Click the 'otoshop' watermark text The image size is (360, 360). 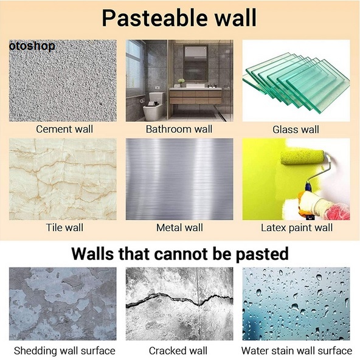click(32, 46)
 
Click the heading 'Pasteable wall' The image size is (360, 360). click(179, 18)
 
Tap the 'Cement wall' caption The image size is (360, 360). click(64, 129)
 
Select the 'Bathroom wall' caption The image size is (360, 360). click(179, 129)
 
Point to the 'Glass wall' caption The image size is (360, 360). click(296, 130)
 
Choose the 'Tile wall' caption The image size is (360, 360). click(64, 227)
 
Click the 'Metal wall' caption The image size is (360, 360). click(179, 227)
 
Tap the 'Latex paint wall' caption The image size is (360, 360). click(297, 228)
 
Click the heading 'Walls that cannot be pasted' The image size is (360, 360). click(180, 254)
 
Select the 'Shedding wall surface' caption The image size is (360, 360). click(64, 351)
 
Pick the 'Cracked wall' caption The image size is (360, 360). click(178, 351)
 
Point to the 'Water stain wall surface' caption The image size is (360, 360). click(297, 351)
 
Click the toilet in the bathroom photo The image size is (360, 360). click(154, 107)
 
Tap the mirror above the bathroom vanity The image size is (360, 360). click(196, 63)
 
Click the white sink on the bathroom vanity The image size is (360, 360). click(195, 86)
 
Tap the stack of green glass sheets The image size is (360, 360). click(297, 81)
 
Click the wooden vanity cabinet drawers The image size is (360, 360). click(196, 97)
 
